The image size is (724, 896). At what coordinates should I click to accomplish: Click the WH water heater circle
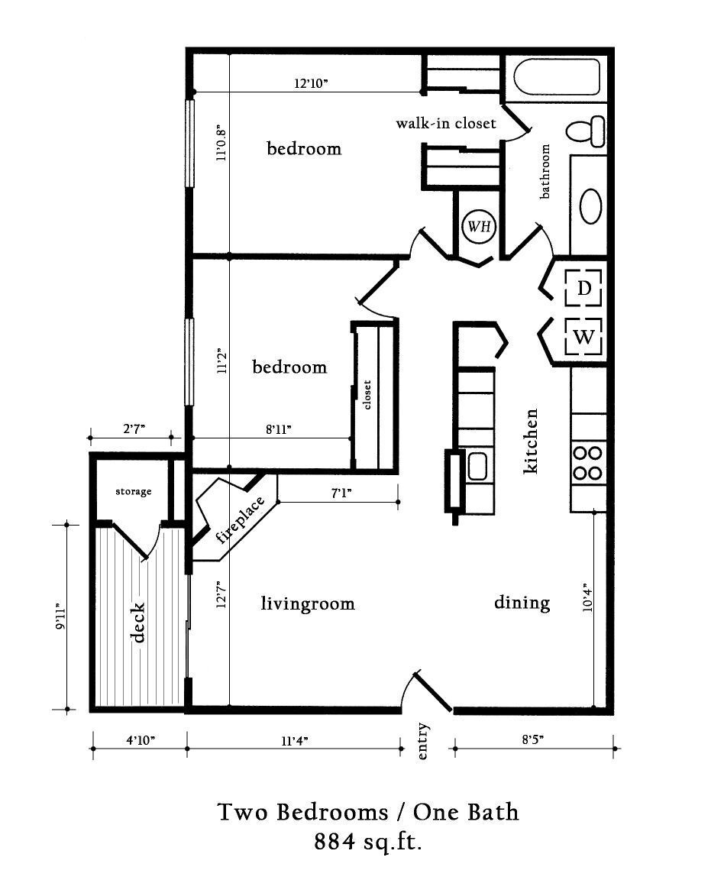point(480,226)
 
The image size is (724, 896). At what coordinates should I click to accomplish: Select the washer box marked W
point(584,337)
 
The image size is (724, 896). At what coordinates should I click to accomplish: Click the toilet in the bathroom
point(587,130)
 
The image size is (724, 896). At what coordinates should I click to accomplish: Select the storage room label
point(134,491)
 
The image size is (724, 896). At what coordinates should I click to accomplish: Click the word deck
point(138,623)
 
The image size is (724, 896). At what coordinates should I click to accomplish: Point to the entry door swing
point(431,691)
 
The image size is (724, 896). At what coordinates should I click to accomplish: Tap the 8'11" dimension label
point(279,430)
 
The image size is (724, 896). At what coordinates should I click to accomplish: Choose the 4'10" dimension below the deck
point(141,740)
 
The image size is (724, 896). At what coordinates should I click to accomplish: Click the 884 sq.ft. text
point(368,842)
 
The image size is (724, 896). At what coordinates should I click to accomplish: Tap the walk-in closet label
point(446,123)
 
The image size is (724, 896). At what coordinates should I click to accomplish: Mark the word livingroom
point(308,604)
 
